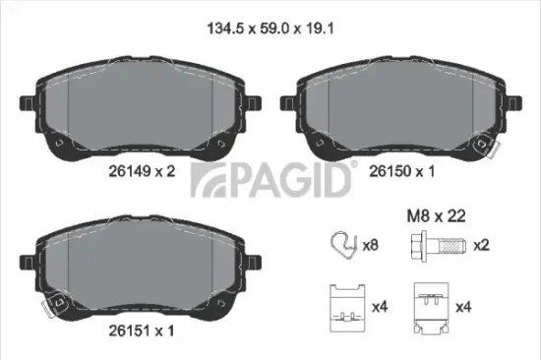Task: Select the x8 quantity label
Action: point(370,244)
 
